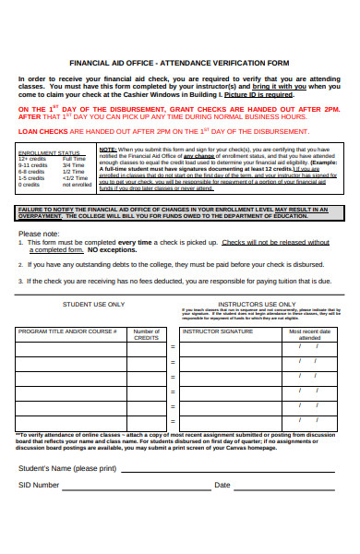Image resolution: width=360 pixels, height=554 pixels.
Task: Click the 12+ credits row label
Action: pyautogui.click(x=31, y=159)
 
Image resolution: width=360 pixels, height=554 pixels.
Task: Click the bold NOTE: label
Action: pyautogui.click(x=108, y=149)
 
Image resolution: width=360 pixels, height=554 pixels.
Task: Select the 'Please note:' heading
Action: pyautogui.click(x=39, y=234)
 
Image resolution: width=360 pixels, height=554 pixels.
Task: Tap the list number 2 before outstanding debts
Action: pyautogui.click(x=20, y=263)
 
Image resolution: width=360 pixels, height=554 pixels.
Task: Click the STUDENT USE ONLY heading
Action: pyautogui.click(x=94, y=303)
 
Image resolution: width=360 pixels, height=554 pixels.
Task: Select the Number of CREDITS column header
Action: pyautogui.click(x=146, y=334)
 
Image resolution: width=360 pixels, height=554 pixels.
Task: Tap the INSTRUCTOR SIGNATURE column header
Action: pyautogui.click(x=218, y=330)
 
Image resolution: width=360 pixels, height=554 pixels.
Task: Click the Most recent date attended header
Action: pyautogui.click(x=309, y=334)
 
